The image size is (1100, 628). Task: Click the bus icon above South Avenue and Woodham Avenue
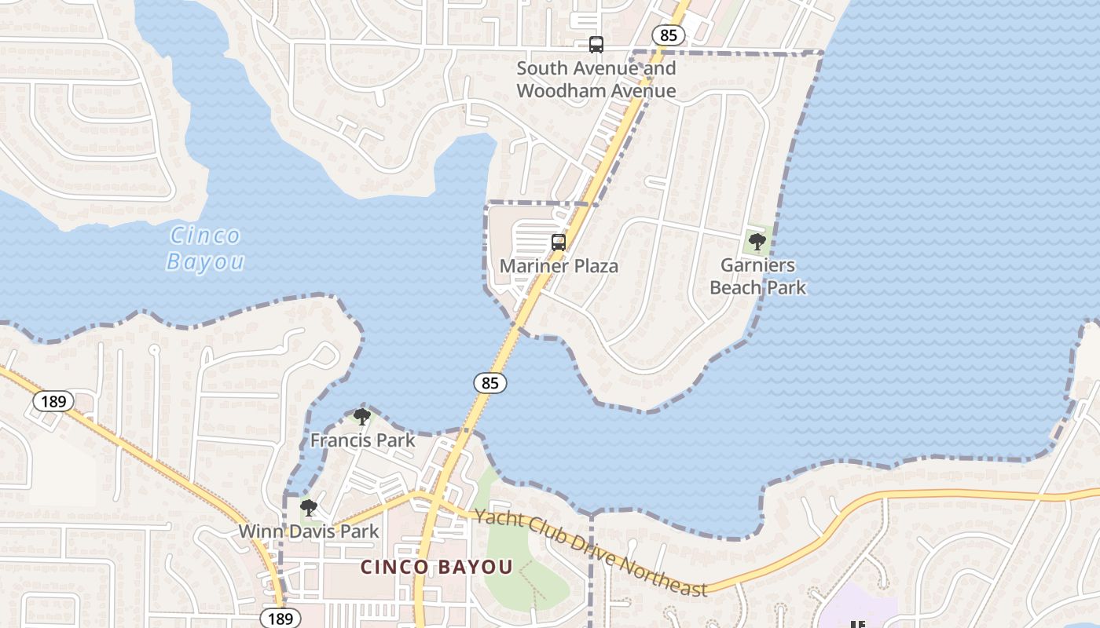point(596,45)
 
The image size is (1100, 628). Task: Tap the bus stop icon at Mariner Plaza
point(559,243)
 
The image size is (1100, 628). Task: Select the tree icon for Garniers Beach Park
point(757,241)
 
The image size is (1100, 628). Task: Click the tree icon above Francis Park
point(362,417)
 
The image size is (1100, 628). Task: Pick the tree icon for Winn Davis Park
point(309,508)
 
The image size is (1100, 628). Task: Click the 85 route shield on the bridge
point(489,383)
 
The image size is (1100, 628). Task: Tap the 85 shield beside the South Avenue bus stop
point(668,35)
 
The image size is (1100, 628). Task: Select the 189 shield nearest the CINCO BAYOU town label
point(280,618)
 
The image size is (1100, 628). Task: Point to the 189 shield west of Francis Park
point(53,402)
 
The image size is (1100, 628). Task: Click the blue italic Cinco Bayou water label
point(205,248)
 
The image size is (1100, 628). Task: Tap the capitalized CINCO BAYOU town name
point(436,567)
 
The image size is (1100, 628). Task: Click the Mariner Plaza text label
point(559,266)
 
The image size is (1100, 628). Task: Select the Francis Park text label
point(362,440)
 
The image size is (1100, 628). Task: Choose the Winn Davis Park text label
point(309,531)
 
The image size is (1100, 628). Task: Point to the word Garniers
point(757,265)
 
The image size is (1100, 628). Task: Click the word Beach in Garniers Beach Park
point(735,287)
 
